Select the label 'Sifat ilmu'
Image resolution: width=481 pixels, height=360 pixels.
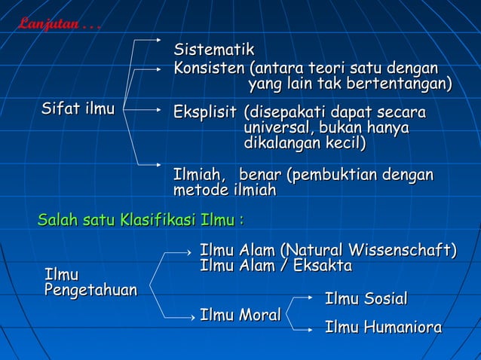click(78, 110)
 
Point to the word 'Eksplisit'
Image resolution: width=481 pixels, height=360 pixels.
click(205, 113)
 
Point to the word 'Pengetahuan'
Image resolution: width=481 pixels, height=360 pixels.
click(90, 290)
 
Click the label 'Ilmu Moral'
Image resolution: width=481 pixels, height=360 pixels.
click(240, 316)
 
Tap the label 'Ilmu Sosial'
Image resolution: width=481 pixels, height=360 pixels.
click(366, 299)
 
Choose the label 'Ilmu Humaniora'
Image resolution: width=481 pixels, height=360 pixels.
click(383, 328)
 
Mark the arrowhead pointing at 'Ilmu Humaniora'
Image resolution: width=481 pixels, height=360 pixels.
click(311, 329)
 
